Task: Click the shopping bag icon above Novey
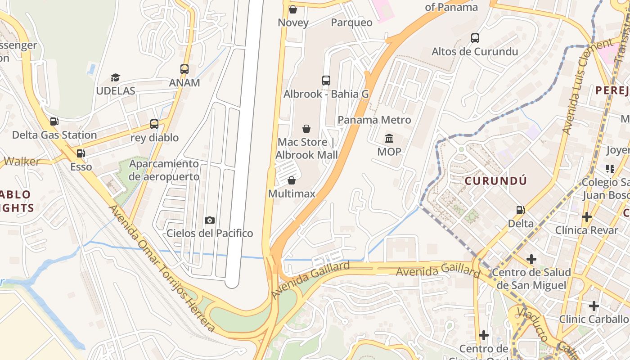click(x=293, y=9)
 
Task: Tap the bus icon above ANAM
click(x=184, y=69)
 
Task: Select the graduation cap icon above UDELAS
click(x=116, y=77)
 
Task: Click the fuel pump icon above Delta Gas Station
click(x=54, y=121)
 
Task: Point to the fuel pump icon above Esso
click(x=81, y=153)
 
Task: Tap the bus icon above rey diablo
click(x=154, y=124)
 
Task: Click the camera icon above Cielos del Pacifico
click(x=210, y=220)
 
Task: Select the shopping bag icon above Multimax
click(x=292, y=181)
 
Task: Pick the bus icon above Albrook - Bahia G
click(x=326, y=81)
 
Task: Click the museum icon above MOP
click(x=389, y=138)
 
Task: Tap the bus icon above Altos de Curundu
click(x=475, y=38)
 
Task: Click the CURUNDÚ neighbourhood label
click(x=495, y=181)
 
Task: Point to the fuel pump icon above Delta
click(x=521, y=210)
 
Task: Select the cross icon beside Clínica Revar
click(x=586, y=217)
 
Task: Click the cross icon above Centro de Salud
click(x=531, y=259)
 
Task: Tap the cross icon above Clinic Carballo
click(x=594, y=306)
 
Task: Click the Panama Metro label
click(x=374, y=120)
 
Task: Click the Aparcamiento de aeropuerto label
click(x=164, y=170)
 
